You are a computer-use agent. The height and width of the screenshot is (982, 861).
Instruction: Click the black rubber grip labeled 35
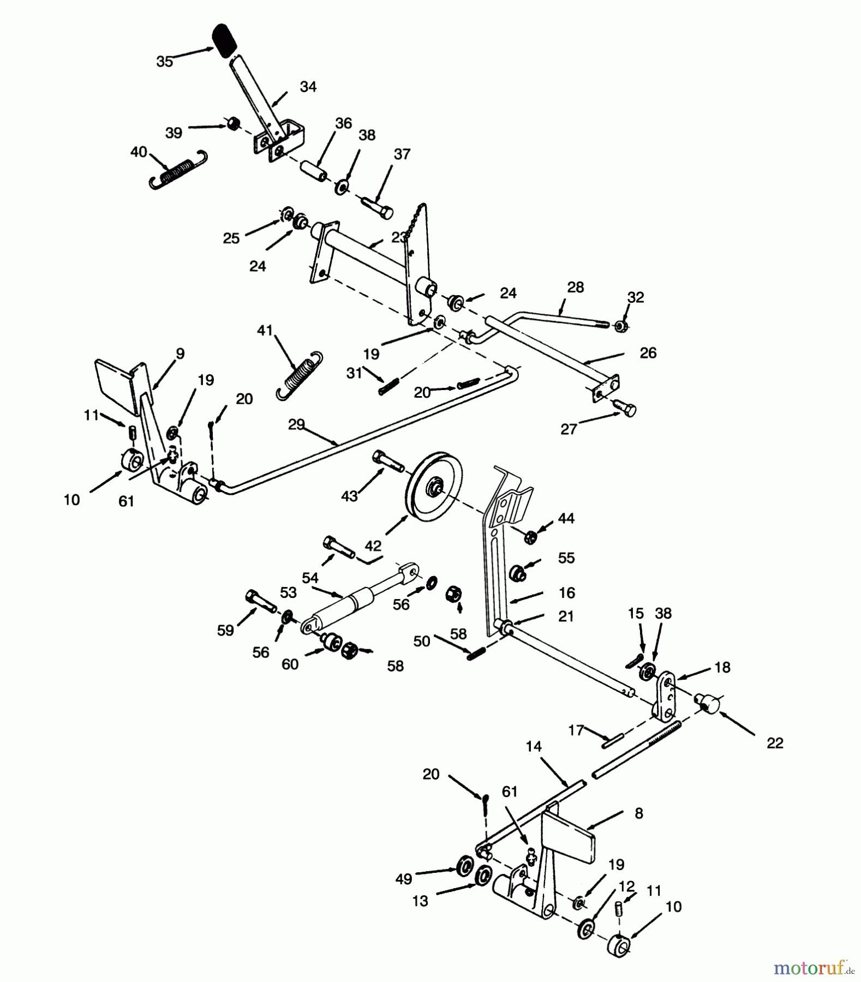point(225,40)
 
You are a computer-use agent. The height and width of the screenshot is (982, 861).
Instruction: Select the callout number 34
point(308,87)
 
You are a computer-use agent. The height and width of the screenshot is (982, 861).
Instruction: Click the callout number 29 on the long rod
point(296,425)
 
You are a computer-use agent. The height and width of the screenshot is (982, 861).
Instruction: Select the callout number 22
point(775,743)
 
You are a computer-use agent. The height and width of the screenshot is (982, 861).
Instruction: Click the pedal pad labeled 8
point(567,835)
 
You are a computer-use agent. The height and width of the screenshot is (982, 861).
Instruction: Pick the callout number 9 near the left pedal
point(180,354)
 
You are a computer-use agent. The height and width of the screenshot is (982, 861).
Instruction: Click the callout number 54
point(310,578)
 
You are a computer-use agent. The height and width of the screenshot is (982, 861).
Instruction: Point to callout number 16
point(567,592)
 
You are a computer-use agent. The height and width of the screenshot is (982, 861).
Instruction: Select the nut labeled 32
point(620,326)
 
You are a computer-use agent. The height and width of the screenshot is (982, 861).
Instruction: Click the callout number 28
point(576,287)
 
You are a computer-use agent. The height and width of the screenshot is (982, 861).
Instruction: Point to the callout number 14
point(534,746)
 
